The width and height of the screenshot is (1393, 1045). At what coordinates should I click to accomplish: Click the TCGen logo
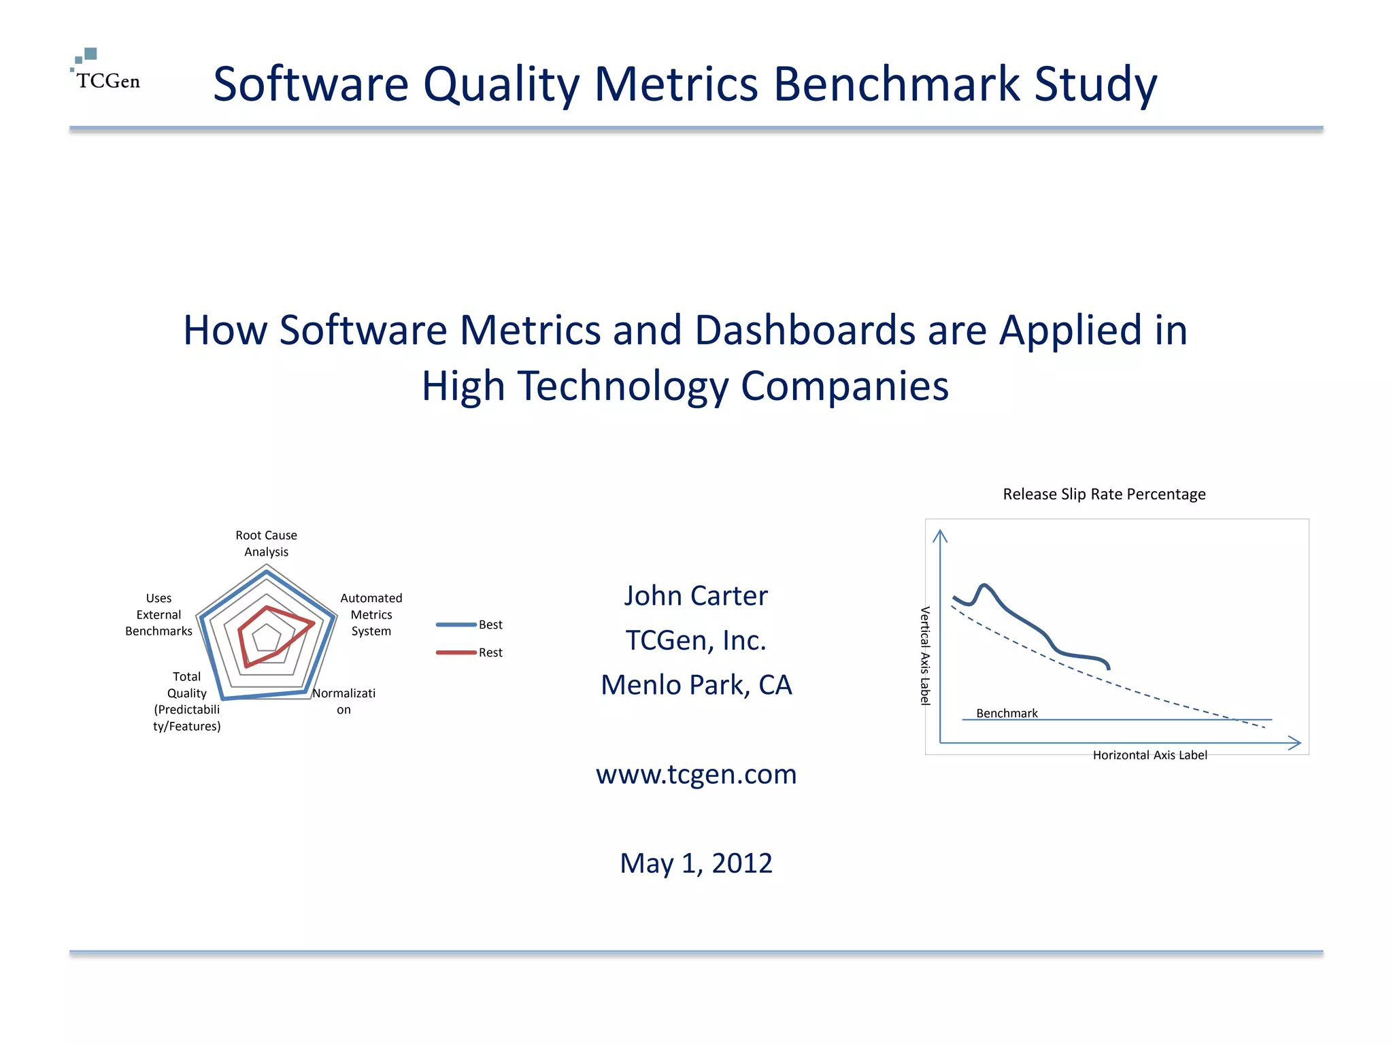point(105,71)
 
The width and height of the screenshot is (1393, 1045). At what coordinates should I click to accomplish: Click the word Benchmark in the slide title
point(896,84)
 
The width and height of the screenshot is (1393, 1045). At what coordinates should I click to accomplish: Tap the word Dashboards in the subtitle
point(805,331)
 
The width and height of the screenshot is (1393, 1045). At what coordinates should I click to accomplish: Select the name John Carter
point(696,596)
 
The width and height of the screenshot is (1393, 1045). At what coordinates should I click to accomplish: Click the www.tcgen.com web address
point(696,775)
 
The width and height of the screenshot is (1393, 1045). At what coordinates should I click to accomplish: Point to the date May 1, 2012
point(696,863)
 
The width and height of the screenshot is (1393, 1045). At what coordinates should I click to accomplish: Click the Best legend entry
point(490,625)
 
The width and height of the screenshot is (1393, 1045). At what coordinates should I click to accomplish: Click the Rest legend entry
point(490,652)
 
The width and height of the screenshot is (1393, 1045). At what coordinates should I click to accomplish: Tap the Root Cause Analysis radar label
point(266,544)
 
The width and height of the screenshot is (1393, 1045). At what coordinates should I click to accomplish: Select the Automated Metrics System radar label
point(371,614)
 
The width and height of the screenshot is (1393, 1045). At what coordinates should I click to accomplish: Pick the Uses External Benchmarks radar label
point(158,614)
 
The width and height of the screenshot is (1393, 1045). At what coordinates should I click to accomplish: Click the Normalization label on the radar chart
point(343,701)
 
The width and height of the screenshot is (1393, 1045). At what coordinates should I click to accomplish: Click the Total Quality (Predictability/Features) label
point(186,701)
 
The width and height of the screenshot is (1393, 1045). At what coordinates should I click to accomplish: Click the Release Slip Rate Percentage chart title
point(1104,495)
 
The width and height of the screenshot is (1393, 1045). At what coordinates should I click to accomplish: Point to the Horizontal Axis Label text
point(1149,755)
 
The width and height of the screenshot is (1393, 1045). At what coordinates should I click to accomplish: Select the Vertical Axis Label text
point(924,656)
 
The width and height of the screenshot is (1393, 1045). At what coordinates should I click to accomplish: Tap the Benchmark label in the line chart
point(1007,713)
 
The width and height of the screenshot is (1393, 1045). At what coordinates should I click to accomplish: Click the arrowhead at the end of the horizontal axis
point(1295,743)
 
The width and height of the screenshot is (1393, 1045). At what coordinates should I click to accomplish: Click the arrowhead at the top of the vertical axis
point(940,536)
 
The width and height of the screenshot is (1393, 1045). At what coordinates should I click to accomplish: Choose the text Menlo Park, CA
point(696,685)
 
